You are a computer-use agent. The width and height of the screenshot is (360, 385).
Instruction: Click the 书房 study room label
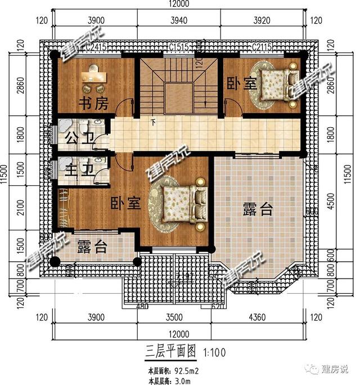point(89,104)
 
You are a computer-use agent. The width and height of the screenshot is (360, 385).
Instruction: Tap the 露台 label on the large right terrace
point(258,209)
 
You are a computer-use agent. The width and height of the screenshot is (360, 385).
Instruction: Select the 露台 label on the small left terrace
point(92,247)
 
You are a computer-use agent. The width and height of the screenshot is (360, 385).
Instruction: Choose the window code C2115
point(262,47)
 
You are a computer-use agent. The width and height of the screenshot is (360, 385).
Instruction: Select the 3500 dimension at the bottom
point(176,317)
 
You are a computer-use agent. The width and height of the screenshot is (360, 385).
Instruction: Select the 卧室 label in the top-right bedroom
point(242,84)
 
